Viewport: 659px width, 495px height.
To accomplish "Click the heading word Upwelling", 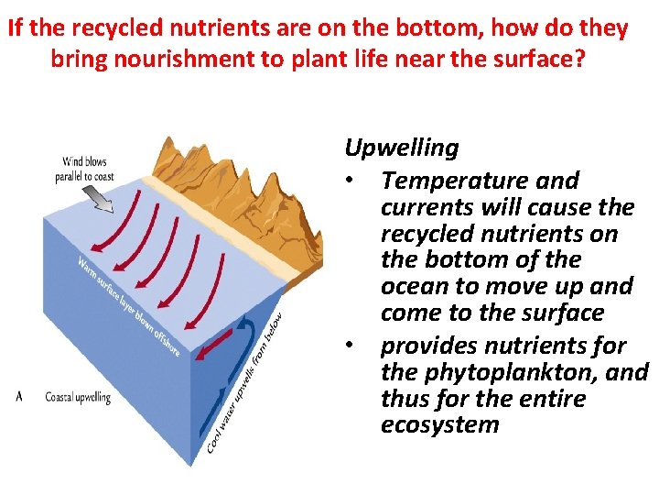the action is (402, 148).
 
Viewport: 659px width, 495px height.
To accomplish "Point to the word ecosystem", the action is (440, 425).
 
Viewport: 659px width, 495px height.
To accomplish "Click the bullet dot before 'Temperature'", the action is (351, 181).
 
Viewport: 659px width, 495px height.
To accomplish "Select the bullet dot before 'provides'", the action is (351, 346).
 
